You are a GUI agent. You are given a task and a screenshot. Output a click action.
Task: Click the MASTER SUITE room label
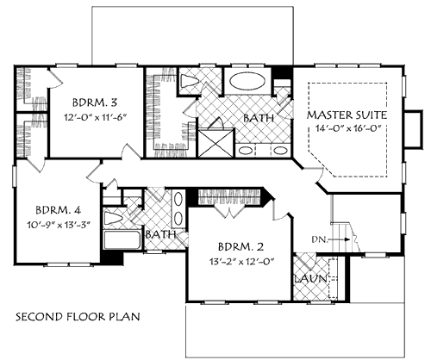tap(347, 115)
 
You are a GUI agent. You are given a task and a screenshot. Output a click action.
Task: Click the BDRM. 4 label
tap(59, 210)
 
